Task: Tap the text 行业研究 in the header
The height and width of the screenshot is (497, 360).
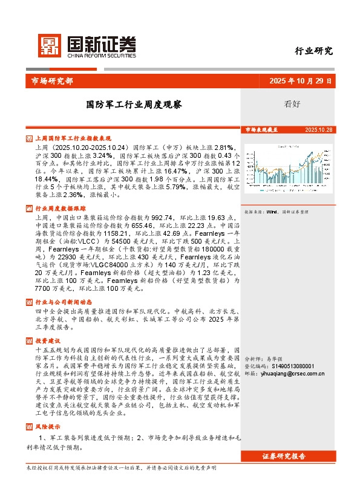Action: click(x=313, y=51)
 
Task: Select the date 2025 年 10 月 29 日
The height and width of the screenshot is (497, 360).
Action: click(x=300, y=80)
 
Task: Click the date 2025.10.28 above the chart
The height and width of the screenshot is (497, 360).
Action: click(x=319, y=130)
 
